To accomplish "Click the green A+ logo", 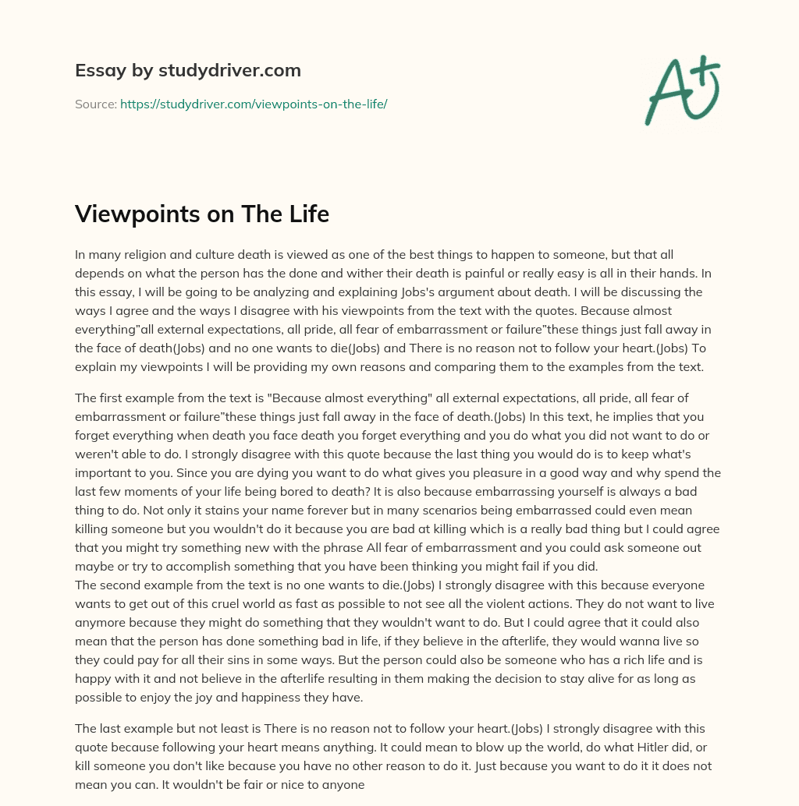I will click(x=682, y=91).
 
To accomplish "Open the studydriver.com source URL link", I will click(x=254, y=104).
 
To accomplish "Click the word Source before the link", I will click(x=95, y=104).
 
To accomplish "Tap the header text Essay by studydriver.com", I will click(x=188, y=70).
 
